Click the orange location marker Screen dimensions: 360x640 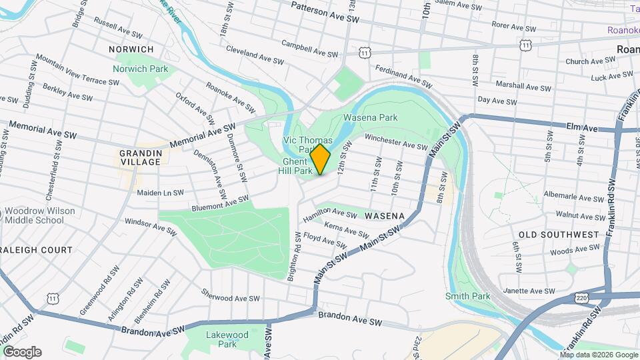tap(320, 159)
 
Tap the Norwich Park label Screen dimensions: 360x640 tap(140, 69)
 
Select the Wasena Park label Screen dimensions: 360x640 tap(370, 117)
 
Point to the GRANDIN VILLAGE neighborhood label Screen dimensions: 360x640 tap(140, 157)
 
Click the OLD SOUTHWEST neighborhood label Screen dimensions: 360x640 tap(559, 235)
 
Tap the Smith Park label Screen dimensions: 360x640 tap(467, 296)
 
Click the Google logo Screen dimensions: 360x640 tap(22, 351)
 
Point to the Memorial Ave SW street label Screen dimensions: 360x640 tap(203, 136)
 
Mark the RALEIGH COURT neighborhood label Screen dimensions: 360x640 tap(36, 250)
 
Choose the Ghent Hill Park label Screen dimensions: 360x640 tap(295, 166)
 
